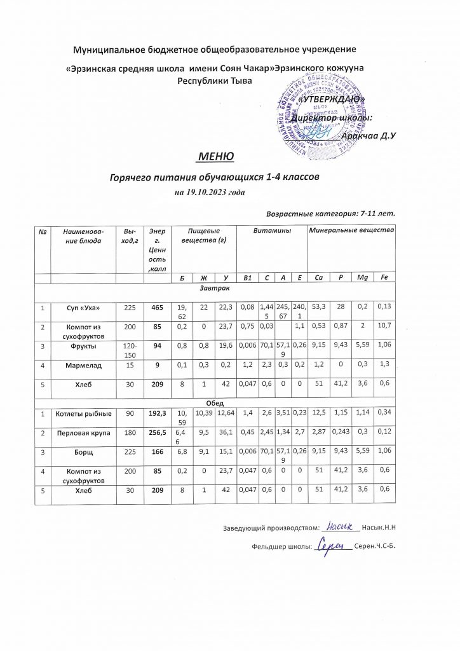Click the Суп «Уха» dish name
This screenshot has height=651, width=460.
pos(88,307)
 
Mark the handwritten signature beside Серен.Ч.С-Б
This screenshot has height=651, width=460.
pos(332,545)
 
